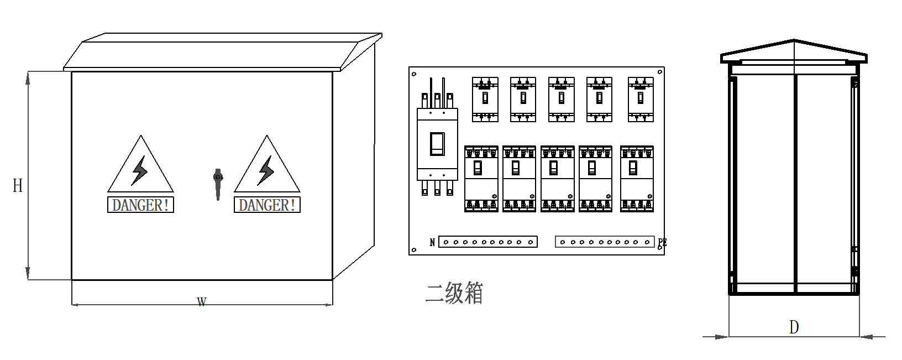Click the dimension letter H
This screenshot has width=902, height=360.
tap(18, 185)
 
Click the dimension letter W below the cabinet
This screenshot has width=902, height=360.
tap(202, 302)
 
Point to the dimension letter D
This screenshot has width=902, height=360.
tap(794, 327)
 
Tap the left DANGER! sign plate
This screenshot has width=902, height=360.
tap(140, 205)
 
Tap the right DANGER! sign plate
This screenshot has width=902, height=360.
tap(267, 205)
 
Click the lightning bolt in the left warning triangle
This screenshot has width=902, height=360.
tap(139, 170)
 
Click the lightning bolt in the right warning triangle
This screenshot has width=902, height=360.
tap(266, 170)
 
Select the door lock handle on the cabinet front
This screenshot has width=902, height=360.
tap(218, 182)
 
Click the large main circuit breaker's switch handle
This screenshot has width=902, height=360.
tap(437, 144)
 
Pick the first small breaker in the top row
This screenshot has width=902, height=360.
tap(485, 99)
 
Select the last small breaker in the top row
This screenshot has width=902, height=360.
tap(641, 99)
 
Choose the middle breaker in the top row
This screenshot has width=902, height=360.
tap(562, 99)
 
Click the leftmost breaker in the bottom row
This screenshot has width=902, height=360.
tap(481, 178)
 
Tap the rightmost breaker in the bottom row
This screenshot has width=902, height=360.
tap(637, 178)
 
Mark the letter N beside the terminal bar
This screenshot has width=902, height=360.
tap(432, 242)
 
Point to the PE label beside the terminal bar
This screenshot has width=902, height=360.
tap(662, 242)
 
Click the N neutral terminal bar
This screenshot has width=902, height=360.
tap(488, 242)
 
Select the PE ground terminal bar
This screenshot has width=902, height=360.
tap(605, 242)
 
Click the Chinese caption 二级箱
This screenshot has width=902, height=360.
tap(454, 293)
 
